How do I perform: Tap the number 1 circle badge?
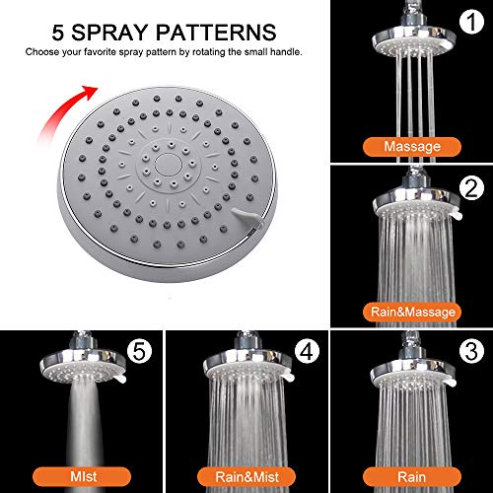pos(472,21)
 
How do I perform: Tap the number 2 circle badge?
pos(472,186)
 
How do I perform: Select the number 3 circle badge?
pos(472,349)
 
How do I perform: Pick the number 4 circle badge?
pos(307,349)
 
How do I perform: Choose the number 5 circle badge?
pos(144,349)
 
